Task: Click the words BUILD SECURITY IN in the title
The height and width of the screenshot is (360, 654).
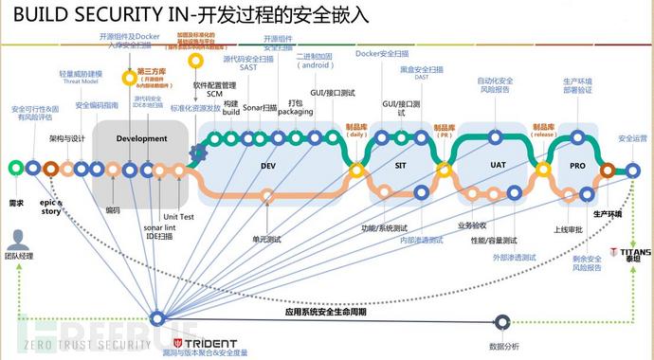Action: click(99, 15)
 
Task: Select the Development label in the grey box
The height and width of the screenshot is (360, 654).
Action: click(141, 138)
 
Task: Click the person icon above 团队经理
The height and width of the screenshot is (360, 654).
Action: click(16, 240)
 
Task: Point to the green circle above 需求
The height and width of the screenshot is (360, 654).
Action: click(14, 169)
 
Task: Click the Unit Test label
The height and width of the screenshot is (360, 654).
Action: click(178, 215)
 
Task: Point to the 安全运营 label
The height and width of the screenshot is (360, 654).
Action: click(632, 138)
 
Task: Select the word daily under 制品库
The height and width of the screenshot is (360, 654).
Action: click(356, 134)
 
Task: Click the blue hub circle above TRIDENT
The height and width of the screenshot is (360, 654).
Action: click(157, 318)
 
